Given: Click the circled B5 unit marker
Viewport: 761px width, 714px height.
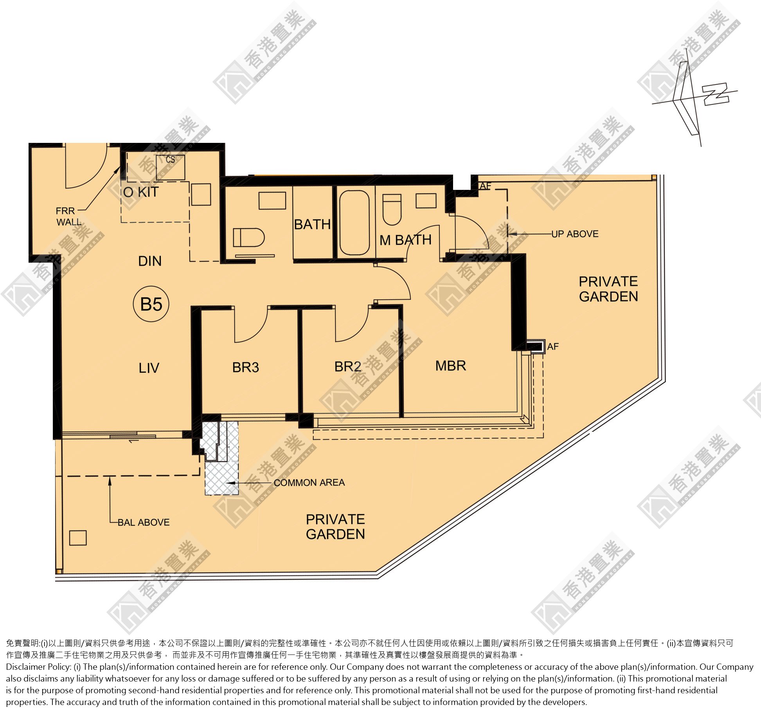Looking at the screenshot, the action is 151,304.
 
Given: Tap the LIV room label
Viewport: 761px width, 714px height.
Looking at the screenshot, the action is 149,368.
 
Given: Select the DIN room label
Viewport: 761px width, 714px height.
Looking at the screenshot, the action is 150,261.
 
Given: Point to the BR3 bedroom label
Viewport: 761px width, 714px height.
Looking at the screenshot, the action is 246,367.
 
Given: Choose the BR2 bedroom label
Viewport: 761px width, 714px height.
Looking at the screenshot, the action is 348,366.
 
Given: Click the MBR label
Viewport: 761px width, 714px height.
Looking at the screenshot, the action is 451,366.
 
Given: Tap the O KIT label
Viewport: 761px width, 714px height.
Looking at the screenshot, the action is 141,192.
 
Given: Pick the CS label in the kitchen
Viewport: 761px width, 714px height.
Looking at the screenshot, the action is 171,160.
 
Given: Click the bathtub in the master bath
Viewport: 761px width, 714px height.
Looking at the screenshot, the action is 354,223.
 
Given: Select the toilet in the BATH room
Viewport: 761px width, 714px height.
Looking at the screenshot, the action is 248,238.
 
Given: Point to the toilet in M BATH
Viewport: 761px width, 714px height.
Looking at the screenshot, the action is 392,209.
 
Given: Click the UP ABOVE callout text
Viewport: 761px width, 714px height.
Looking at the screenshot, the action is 575,234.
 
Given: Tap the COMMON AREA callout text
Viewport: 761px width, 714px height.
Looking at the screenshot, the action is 309,483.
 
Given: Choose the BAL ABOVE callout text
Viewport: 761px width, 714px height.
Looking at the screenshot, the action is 144,522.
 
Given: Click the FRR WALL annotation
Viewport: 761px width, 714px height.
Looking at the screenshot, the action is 69,216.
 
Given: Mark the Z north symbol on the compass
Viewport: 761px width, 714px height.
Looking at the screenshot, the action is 716,94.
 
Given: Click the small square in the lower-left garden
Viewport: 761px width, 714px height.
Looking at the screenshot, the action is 78,537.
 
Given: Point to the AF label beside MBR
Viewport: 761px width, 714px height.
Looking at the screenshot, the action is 553,346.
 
